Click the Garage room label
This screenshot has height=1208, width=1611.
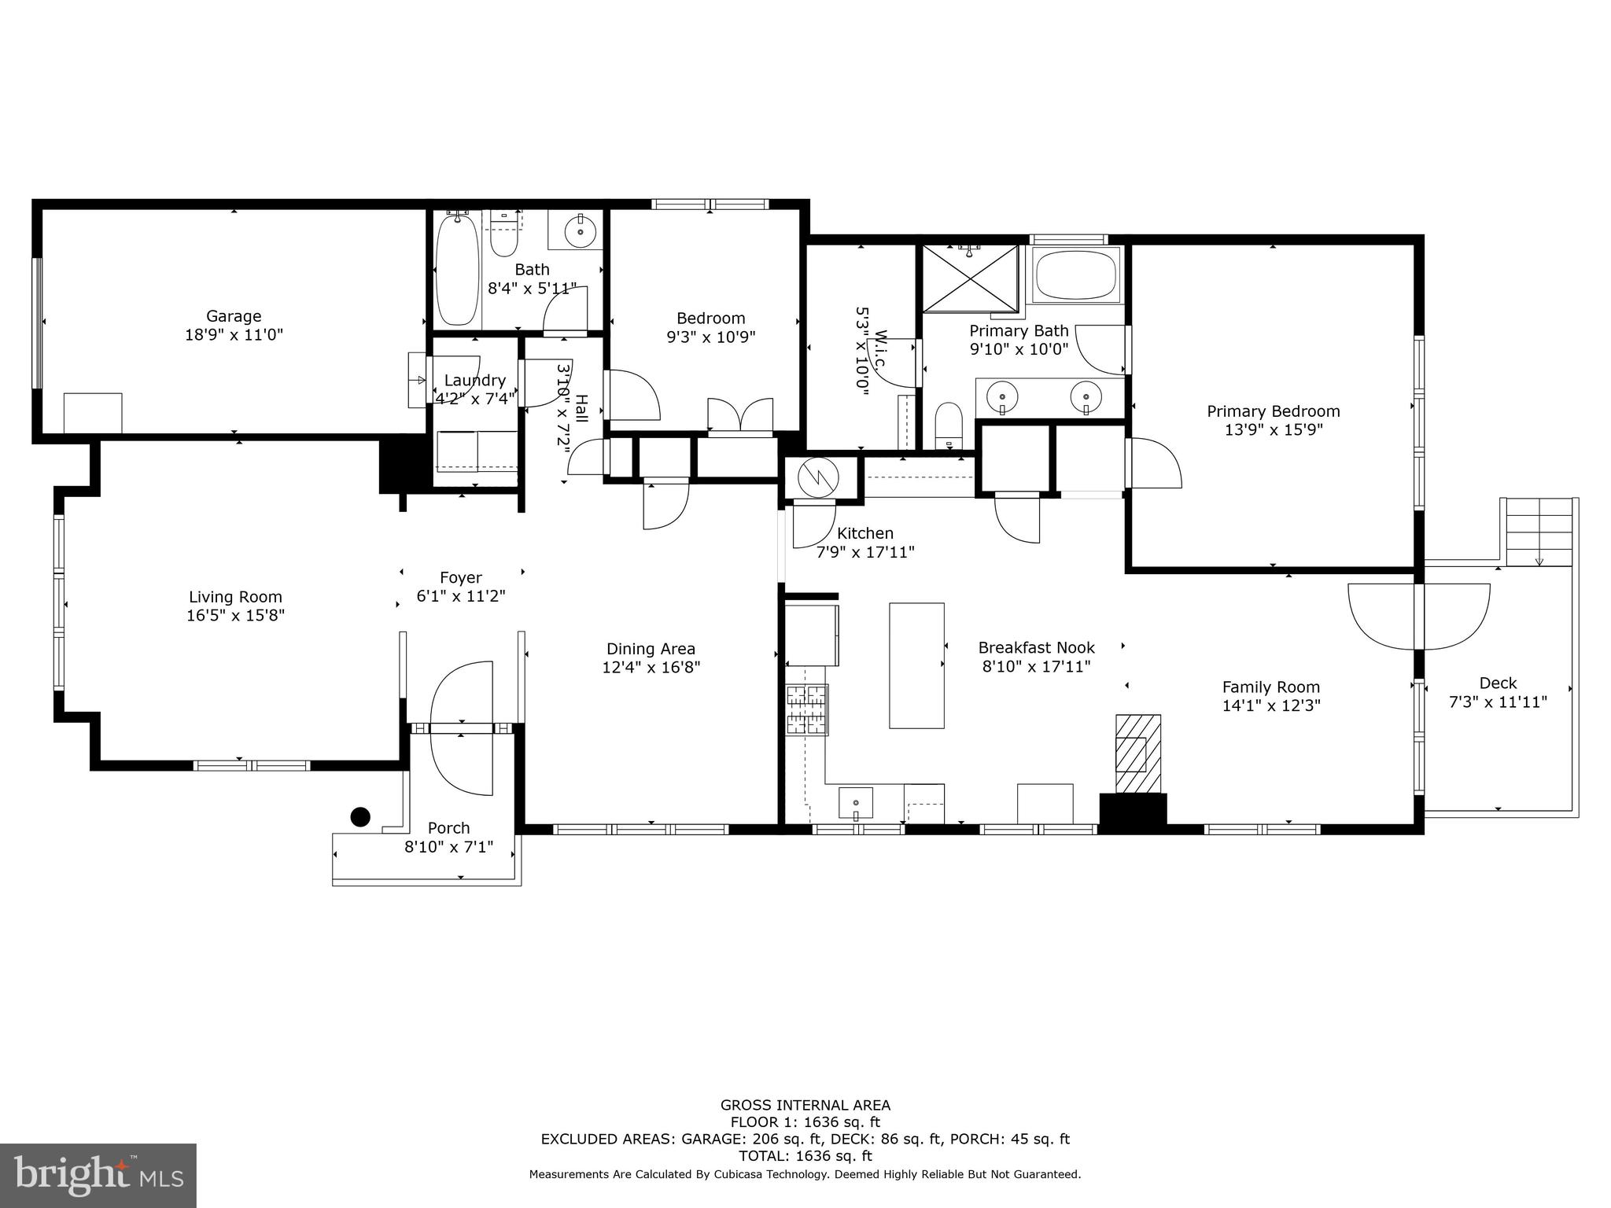point(234,316)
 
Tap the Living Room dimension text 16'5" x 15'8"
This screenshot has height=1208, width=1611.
point(235,615)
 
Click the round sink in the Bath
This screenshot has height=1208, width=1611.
point(581,230)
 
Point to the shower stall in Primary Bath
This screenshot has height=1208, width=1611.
point(969,278)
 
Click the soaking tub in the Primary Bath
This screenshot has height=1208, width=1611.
point(1076,275)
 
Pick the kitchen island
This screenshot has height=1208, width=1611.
point(916,665)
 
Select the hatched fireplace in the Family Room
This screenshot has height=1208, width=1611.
point(1137,754)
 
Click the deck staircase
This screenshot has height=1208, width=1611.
point(1538,531)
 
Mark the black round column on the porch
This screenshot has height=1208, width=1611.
point(360,817)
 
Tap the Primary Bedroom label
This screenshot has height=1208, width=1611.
point(1273,411)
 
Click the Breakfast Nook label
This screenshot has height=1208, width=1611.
point(1036,648)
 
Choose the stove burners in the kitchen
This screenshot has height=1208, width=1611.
point(807,709)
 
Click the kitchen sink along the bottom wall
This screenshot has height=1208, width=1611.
point(856,803)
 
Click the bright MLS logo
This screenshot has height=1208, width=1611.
point(98,1175)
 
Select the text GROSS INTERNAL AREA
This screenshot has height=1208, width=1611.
point(805,1105)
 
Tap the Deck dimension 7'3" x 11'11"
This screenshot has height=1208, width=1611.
point(1497,702)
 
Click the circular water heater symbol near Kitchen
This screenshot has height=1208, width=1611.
point(818,477)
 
